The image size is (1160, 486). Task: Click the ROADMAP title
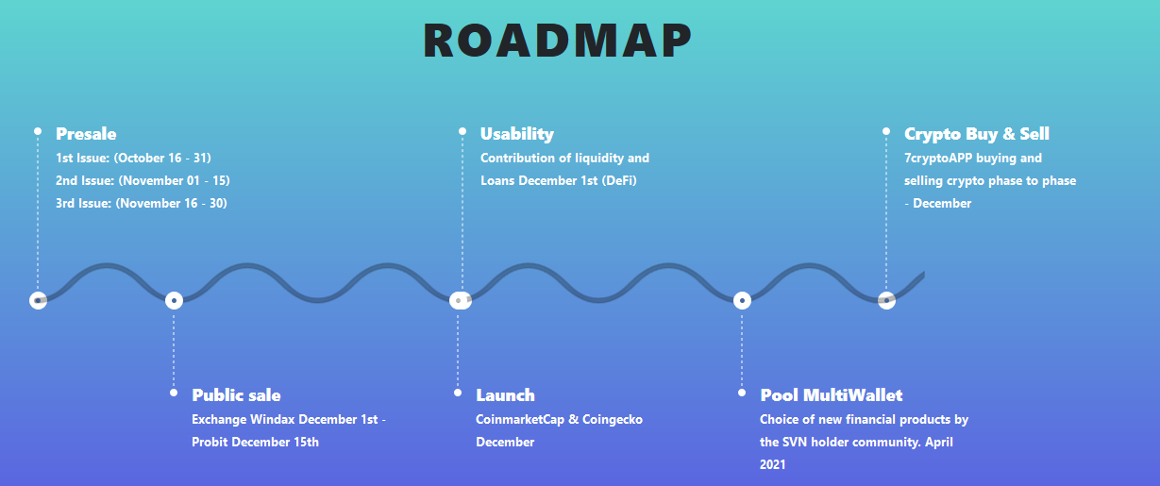click(x=557, y=41)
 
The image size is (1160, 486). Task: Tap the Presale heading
click(x=86, y=134)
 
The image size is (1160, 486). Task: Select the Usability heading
click(x=517, y=134)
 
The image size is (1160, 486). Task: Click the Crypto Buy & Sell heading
click(x=977, y=134)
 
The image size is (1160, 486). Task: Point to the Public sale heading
click(x=236, y=395)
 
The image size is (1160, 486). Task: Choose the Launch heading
click(x=505, y=395)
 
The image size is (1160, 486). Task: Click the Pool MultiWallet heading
click(x=832, y=395)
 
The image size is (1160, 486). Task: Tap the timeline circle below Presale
click(x=38, y=300)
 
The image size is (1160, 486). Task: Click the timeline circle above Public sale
click(x=174, y=300)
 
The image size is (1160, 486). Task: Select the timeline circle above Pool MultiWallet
click(x=742, y=300)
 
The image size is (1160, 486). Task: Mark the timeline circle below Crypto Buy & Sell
click(x=886, y=300)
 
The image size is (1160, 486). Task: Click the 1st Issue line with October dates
click(x=134, y=158)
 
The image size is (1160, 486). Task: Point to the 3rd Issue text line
click(x=142, y=204)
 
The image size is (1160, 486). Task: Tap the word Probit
click(x=210, y=442)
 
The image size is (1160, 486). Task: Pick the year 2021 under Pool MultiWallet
click(x=773, y=465)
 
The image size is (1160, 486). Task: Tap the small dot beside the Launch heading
click(x=457, y=393)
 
